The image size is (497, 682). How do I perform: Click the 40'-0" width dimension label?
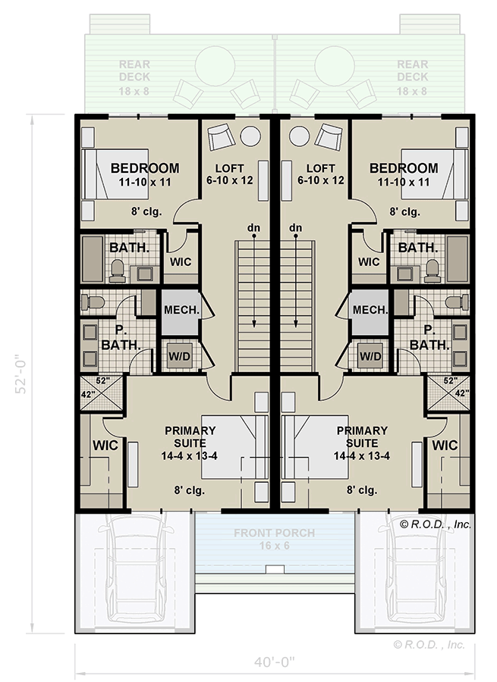275,662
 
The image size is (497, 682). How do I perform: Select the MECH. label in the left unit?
181,310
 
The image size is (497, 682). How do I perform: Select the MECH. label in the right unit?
370,310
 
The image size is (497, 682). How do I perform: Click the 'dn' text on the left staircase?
253,227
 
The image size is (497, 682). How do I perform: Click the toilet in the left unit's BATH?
118,270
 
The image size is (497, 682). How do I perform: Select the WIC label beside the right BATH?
368,261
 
